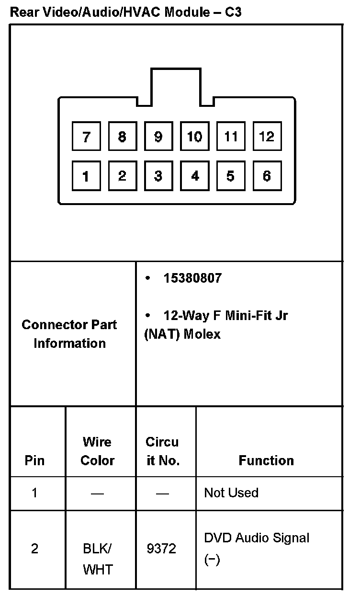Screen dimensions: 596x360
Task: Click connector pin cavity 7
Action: (86, 138)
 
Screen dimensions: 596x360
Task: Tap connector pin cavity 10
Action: (194, 138)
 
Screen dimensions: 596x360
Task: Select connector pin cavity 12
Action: (267, 138)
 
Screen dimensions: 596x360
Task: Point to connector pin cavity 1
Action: (86, 176)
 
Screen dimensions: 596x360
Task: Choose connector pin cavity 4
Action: (194, 176)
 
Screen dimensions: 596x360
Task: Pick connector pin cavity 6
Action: (267, 176)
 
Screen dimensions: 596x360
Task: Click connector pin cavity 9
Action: (158, 138)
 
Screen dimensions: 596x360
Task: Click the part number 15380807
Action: (192, 278)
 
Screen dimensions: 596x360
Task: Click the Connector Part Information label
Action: (69, 334)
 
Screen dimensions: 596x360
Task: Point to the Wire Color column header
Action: (97, 451)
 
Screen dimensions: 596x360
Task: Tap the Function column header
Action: (266, 460)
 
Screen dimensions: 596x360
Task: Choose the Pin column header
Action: (34, 460)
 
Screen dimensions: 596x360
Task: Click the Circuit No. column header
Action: (162, 451)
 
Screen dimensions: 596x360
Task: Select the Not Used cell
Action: (231, 493)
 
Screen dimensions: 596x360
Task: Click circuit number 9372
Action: (162, 549)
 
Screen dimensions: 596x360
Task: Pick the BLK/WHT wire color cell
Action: (98, 559)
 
